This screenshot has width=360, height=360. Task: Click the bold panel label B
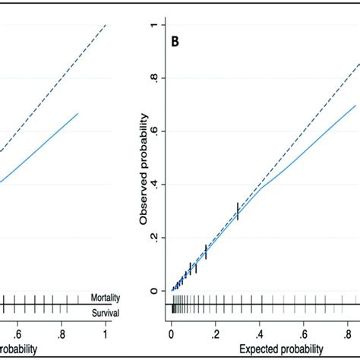pyautogui.click(x=175, y=43)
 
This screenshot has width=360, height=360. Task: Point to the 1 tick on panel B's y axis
pyautogui.click(x=154, y=24)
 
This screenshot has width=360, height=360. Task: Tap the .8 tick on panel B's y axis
pyautogui.click(x=154, y=77)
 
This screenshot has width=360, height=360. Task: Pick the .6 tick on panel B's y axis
pyautogui.click(x=154, y=131)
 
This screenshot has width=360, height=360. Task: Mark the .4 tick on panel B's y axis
pyautogui.click(x=154, y=184)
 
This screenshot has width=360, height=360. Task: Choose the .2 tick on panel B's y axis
pyautogui.click(x=154, y=237)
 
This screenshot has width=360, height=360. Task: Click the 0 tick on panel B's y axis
pyautogui.click(x=154, y=290)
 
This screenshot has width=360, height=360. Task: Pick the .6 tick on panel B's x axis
pyautogui.click(x=303, y=333)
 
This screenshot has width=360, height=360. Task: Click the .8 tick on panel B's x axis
pyautogui.click(x=347, y=333)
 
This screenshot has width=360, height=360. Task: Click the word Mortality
pyautogui.click(x=106, y=298)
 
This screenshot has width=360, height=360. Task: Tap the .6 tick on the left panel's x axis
pyautogui.click(x=18, y=333)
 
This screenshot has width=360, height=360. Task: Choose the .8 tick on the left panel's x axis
pyautogui.click(x=62, y=333)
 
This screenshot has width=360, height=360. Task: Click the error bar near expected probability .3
pyautogui.click(x=238, y=211)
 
